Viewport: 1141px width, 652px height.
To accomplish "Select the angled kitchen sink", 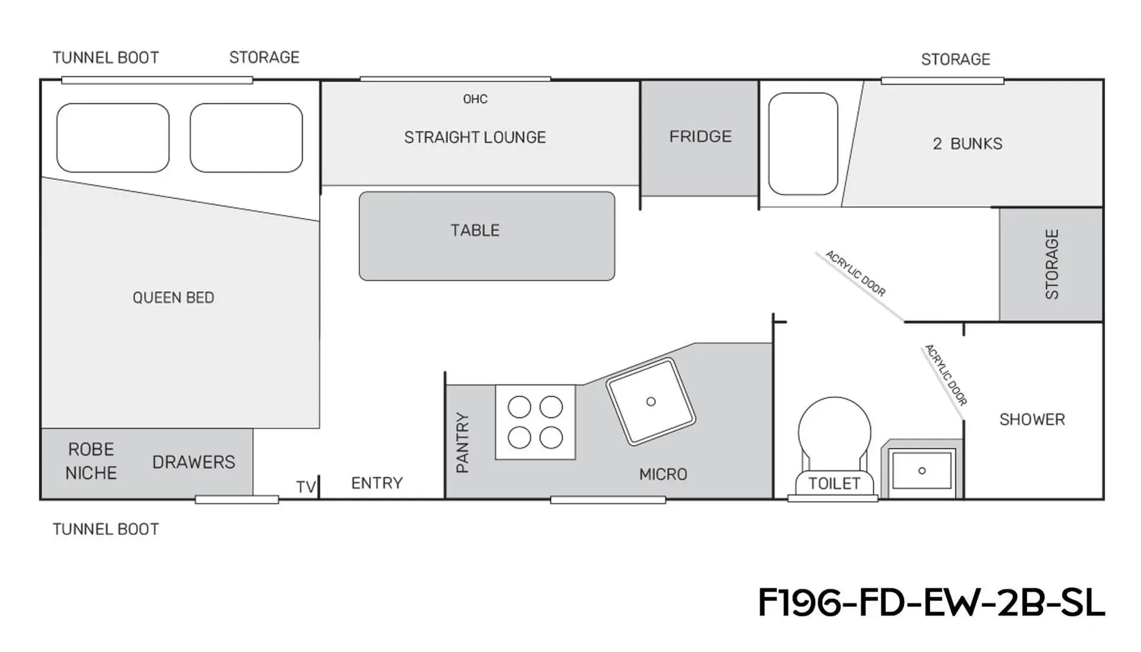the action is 651,402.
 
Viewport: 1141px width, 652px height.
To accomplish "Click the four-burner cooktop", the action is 535,422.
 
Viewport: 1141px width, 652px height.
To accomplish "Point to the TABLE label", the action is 475,231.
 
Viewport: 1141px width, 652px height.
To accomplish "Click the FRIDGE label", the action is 701,137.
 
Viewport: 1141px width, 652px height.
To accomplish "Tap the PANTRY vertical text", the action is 462,443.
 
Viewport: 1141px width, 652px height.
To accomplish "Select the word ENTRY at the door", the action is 377,483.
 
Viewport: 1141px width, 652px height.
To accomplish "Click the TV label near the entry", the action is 305,487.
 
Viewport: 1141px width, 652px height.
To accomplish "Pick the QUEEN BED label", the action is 174,298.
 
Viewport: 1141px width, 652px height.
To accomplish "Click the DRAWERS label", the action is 194,462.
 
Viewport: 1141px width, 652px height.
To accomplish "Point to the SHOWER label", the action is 1032,420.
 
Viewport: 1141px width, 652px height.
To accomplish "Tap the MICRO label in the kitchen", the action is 663,474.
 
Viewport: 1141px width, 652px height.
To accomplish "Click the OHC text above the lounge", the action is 475,99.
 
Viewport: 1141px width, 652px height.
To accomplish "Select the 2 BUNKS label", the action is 967,144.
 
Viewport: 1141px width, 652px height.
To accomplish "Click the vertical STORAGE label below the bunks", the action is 1052,264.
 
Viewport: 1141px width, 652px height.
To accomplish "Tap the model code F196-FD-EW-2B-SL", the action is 931,603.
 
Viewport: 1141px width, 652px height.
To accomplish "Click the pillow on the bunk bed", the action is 803,144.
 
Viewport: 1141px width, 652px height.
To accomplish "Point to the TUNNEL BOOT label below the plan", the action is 106,529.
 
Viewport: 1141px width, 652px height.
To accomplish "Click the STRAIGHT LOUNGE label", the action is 475,137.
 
